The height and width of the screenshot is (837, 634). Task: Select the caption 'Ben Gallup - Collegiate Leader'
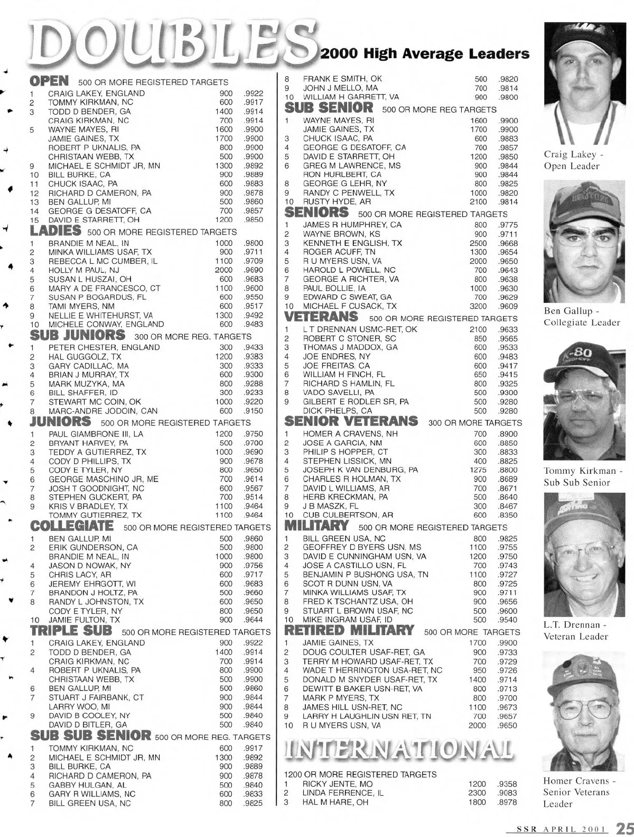click(x=581, y=317)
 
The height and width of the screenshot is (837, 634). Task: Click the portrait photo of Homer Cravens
click(x=584, y=711)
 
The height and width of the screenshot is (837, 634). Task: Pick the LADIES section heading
click(x=55, y=231)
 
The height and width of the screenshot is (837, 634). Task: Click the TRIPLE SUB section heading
click(x=71, y=631)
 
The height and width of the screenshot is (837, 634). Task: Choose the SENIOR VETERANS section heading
click(x=351, y=421)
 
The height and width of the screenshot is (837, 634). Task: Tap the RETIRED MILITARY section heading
click(x=349, y=630)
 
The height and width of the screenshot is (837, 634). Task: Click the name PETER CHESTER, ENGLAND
click(x=104, y=347)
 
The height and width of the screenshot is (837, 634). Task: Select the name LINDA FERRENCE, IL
click(x=343, y=793)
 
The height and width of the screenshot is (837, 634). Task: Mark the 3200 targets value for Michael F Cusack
click(x=478, y=306)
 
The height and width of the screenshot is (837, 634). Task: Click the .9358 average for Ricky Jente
click(x=507, y=784)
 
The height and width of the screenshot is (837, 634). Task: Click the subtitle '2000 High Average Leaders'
click(x=425, y=53)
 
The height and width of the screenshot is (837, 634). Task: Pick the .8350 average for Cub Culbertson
click(x=508, y=515)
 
